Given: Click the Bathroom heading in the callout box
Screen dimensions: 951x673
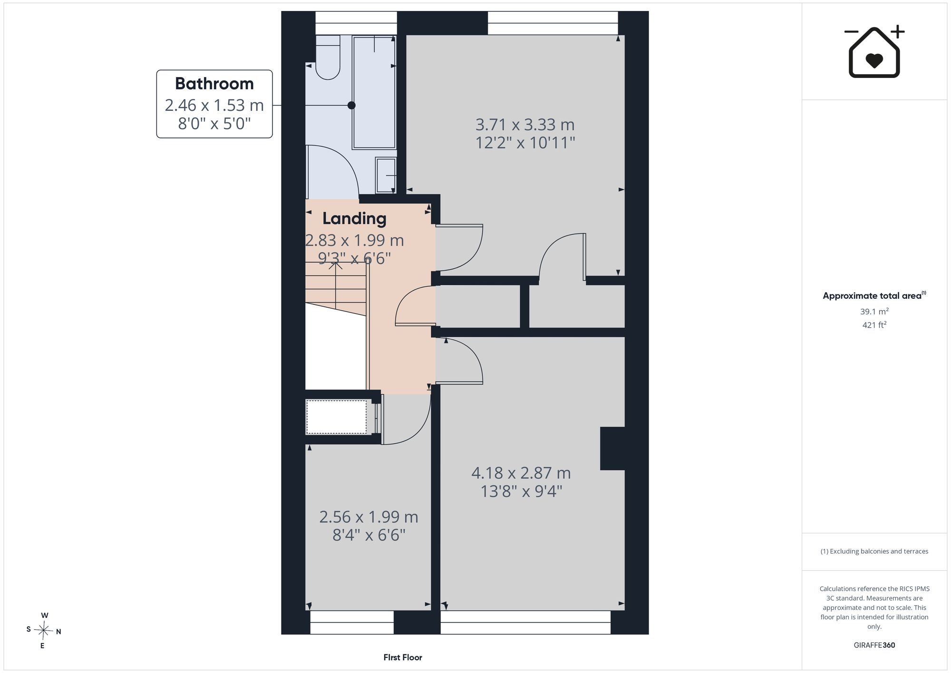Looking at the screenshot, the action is click(x=214, y=84).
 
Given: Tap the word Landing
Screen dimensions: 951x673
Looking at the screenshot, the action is click(x=354, y=219).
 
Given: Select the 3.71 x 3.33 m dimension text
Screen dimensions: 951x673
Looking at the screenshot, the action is click(x=525, y=125).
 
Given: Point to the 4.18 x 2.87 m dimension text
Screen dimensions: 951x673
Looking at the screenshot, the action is click(x=521, y=473).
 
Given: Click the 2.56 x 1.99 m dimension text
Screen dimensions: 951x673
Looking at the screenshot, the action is click(x=369, y=517).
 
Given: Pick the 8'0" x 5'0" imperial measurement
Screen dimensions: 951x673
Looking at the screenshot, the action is click(x=214, y=124).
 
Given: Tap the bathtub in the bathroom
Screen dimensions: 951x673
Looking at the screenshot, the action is click(x=374, y=92).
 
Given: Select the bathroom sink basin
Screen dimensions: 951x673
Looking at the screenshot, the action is click(x=386, y=175).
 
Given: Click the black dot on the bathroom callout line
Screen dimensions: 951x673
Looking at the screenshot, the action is click(x=351, y=105).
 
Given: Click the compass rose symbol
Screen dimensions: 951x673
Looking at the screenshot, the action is click(x=44, y=631).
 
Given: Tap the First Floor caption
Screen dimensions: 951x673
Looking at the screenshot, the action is click(x=403, y=657).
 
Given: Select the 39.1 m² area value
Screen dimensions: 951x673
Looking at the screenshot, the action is click(x=874, y=312).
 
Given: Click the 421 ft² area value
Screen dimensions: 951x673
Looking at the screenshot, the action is click(x=874, y=325).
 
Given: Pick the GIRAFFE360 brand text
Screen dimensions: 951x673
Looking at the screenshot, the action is click(x=874, y=645).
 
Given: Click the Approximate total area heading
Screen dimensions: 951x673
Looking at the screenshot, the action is click(x=874, y=295).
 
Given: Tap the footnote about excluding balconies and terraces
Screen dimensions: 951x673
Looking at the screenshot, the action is click(x=874, y=551).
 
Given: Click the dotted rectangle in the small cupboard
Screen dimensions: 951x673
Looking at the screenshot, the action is click(x=336, y=417).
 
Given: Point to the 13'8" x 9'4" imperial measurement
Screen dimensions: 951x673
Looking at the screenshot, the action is click(x=521, y=491).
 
